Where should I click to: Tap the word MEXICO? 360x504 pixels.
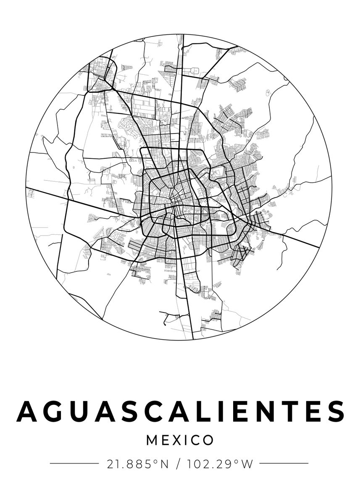point(180,440)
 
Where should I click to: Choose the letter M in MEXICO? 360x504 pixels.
point(152,440)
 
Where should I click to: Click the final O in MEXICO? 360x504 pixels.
point(208,440)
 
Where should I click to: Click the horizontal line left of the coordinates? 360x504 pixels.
point(74,464)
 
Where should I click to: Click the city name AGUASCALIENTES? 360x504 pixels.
point(180,411)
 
